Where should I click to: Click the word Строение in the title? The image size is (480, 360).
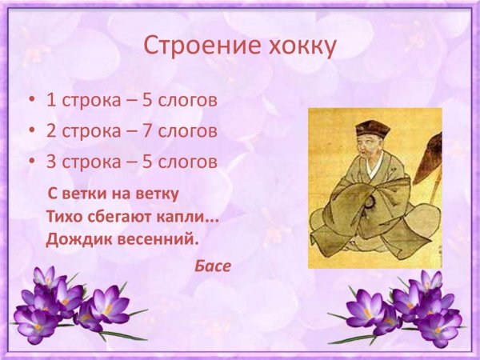tap(190, 46)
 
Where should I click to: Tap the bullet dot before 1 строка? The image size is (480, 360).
tap(31, 102)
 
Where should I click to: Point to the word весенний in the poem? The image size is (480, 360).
tap(154, 238)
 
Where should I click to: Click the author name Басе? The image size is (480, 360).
tap(212, 266)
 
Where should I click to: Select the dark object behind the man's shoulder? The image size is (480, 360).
tap(433, 156)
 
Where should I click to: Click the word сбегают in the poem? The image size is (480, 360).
tap(126, 216)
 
